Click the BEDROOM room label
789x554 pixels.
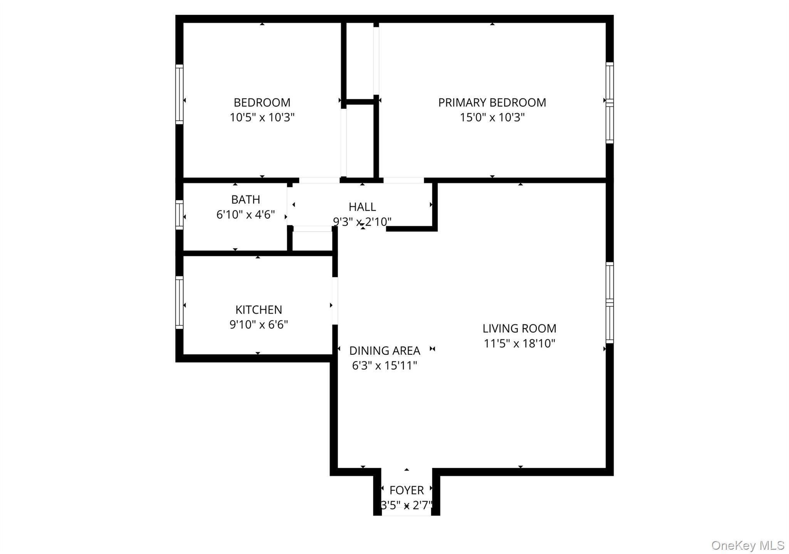(x=262, y=103)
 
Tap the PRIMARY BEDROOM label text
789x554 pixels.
(x=492, y=103)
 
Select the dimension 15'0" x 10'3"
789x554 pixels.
(x=492, y=117)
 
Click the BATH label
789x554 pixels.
(x=245, y=200)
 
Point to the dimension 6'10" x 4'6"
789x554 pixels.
(x=245, y=215)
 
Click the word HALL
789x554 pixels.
(x=362, y=207)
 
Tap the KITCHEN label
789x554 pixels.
(x=259, y=310)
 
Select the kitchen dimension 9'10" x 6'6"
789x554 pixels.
(x=259, y=325)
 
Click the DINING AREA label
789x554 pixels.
(x=384, y=351)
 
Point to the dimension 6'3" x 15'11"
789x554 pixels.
(x=384, y=365)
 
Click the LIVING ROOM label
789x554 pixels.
(x=519, y=329)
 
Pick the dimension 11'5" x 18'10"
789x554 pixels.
(x=519, y=344)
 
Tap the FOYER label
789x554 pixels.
(x=406, y=491)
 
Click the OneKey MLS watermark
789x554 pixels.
(x=747, y=546)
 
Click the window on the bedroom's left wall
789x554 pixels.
(x=180, y=94)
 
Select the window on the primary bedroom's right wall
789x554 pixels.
(x=609, y=103)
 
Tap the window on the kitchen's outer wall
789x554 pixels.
(x=180, y=302)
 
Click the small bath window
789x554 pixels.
(x=180, y=215)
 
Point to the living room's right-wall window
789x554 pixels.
(x=609, y=303)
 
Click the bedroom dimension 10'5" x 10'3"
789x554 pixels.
(x=262, y=117)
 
